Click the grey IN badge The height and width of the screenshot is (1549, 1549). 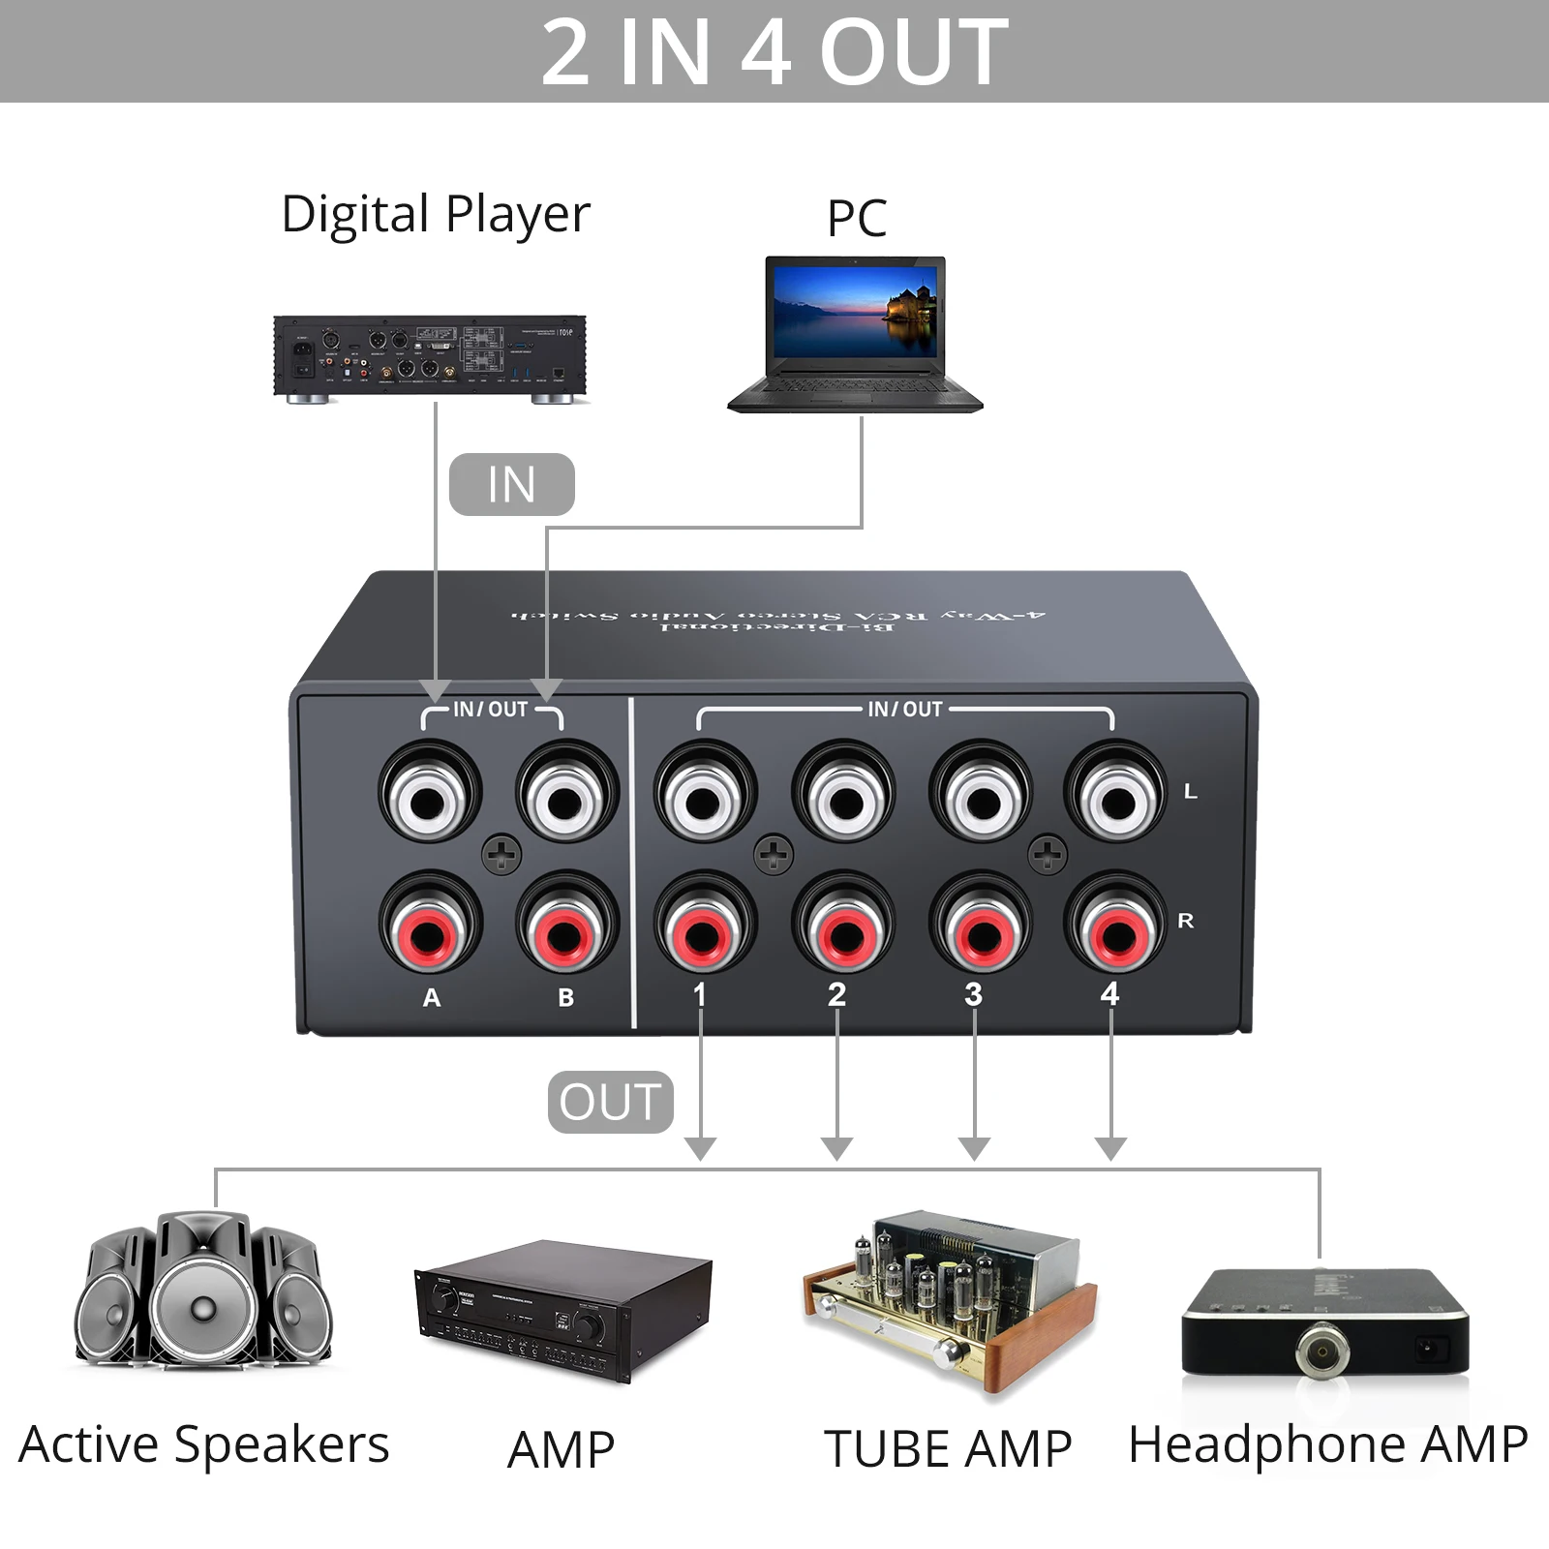(511, 484)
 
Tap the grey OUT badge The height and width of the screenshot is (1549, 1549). (610, 1102)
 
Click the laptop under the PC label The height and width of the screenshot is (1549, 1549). (856, 334)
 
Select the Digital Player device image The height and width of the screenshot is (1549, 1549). (430, 358)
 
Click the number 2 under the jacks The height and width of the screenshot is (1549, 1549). (837, 994)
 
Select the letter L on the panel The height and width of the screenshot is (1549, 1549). (1191, 792)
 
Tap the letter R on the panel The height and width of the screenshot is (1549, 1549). (1186, 921)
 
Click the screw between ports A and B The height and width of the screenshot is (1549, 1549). (501, 854)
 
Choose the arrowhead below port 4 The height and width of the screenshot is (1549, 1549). (1110, 1148)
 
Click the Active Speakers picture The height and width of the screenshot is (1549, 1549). (204, 1290)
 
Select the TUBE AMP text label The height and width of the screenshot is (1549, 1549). (948, 1449)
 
